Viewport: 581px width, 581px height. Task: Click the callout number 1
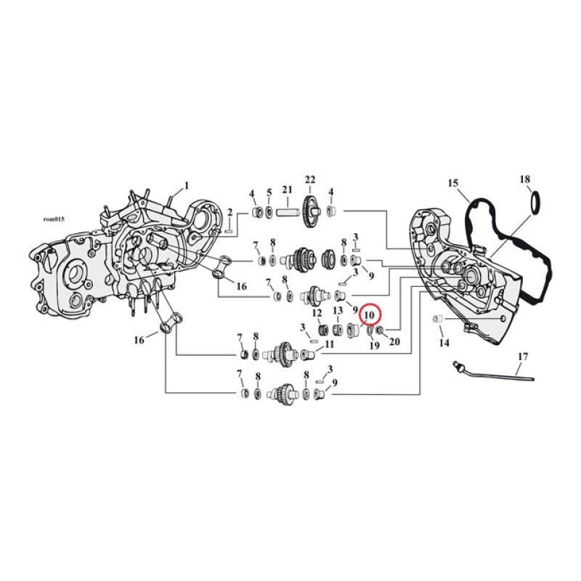186,185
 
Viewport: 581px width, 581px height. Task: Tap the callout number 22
310,180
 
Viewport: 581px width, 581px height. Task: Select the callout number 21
287,190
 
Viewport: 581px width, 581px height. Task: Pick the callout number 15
452,184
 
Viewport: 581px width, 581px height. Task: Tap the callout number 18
525,179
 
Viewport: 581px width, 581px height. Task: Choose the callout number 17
523,357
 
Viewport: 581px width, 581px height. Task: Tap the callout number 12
317,313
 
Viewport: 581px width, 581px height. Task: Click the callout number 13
338,311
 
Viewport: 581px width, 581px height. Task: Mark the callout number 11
329,344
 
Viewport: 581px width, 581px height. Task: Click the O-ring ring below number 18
535,203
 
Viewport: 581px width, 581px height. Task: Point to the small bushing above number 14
438,320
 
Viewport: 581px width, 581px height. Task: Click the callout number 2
229,212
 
